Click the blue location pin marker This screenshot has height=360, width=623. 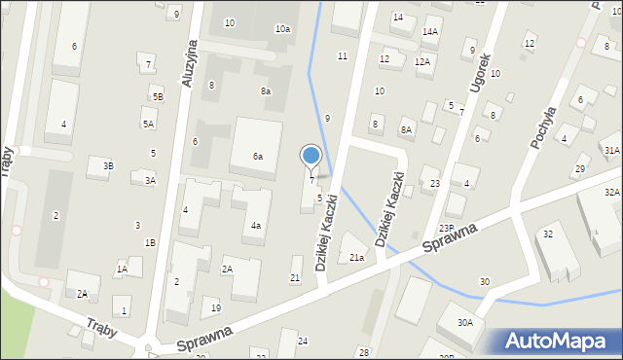click(311, 157)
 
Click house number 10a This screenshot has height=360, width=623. click(282, 29)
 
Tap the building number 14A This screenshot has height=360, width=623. click(429, 32)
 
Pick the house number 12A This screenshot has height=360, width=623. click(421, 62)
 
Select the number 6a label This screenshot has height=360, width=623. click(258, 157)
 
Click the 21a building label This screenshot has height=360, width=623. click(357, 258)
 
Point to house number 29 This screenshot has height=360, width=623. click(580, 170)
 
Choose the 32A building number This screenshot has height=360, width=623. click(611, 193)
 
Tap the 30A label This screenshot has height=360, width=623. click(465, 322)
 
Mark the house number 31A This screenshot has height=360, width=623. click(611, 150)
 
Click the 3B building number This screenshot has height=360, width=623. click(109, 166)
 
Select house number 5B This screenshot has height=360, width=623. click(157, 97)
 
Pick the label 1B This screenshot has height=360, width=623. click(150, 243)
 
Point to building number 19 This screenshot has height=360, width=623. click(216, 308)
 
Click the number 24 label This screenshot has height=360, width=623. click(303, 341)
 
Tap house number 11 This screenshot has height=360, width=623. click(342, 56)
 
